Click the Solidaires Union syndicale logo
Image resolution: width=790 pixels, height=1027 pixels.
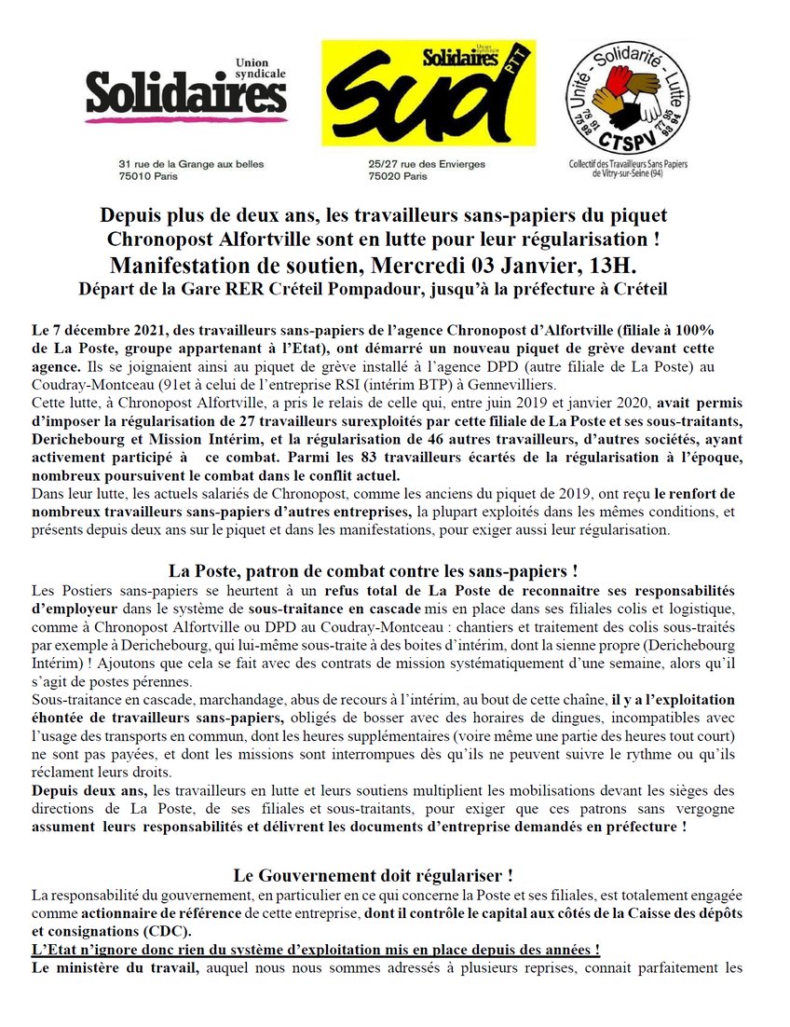(185, 93)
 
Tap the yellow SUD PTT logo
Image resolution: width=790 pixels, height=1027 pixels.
(428, 92)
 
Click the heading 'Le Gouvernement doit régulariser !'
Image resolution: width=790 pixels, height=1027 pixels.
(373, 875)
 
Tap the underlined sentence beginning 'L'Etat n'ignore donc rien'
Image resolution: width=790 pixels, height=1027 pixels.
(315, 950)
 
